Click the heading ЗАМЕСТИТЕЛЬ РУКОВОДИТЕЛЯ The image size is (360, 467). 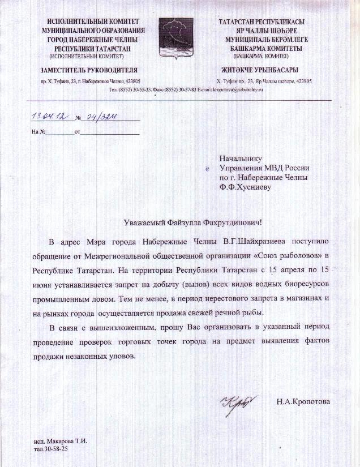[89, 70]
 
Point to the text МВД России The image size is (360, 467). [288, 168]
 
